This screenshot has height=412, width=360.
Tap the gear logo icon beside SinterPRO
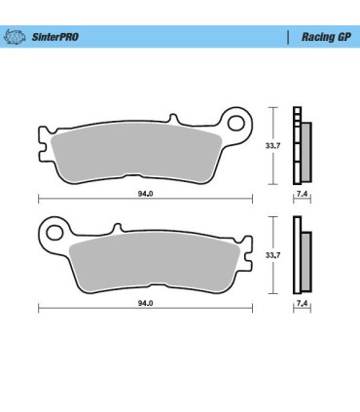(14, 38)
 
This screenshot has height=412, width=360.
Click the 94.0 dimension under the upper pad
(143, 193)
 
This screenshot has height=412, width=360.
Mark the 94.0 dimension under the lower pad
(143, 303)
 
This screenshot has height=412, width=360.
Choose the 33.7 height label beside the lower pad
(273, 254)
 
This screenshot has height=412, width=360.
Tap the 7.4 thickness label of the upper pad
(302, 196)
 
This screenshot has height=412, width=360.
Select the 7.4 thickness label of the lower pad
(302, 305)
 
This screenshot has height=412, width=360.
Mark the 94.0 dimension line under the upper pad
(97, 199)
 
